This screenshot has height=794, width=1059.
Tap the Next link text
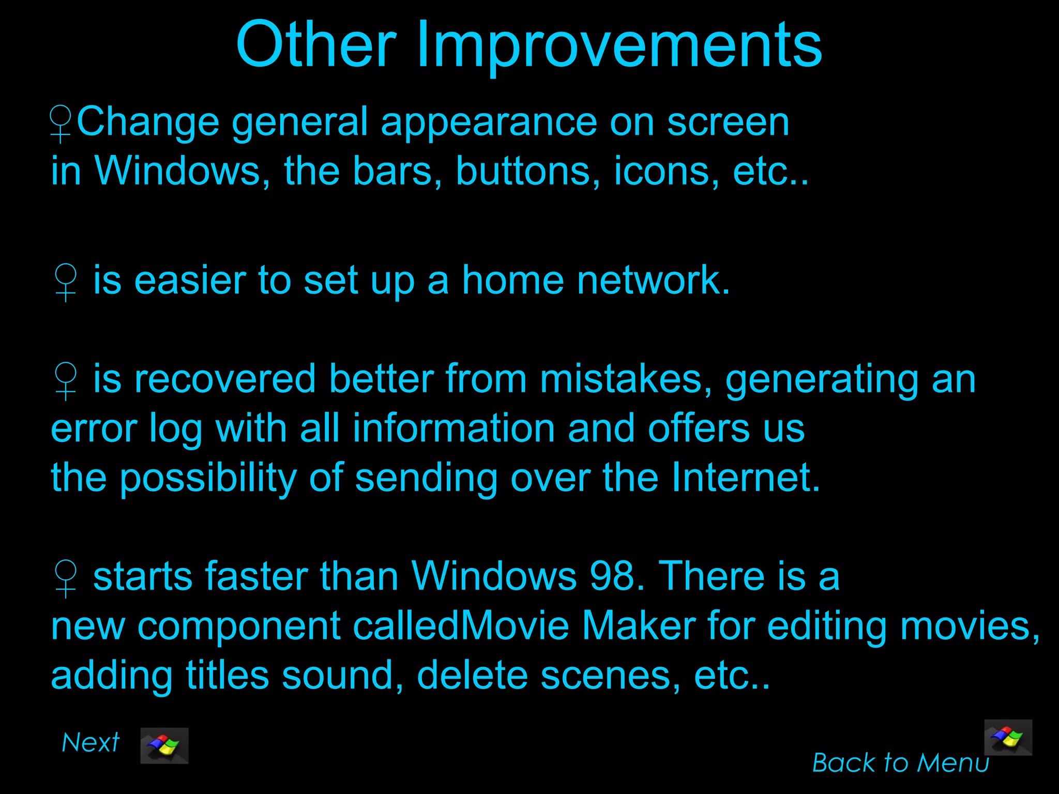90,743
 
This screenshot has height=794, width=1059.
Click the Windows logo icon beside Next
164,745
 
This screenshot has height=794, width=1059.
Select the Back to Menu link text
900,762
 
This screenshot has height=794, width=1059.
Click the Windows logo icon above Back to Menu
1008,738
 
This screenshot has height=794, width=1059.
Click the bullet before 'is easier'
66,282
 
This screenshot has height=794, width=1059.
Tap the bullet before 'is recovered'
66,381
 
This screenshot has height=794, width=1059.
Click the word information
454,429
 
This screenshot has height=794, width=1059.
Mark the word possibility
208,478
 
